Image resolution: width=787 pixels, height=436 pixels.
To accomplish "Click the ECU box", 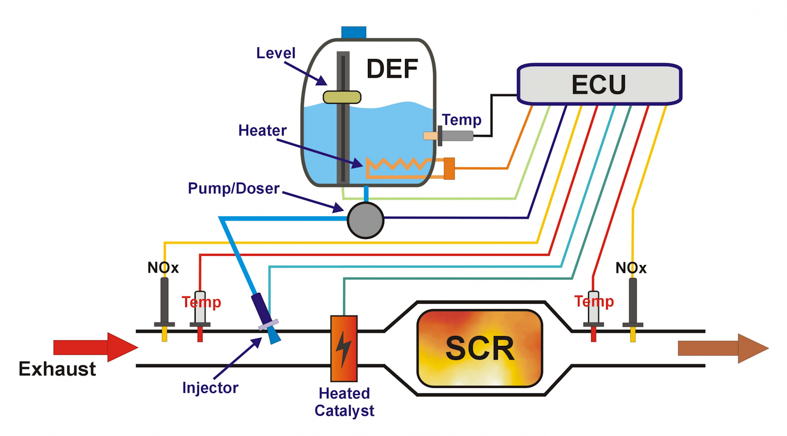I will (599, 84).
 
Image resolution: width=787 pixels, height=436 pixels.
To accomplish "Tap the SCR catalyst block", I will (479, 348).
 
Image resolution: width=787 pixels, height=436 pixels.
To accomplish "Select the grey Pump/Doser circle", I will (366, 220).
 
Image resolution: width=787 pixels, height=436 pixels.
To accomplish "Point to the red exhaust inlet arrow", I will (96, 347).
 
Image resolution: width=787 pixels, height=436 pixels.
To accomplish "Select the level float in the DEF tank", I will (342, 97).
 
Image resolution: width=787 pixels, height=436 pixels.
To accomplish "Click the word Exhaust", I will (57, 369).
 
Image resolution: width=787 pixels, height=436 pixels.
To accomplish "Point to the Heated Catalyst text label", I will (344, 402).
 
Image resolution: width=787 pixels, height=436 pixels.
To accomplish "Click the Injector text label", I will (210, 388).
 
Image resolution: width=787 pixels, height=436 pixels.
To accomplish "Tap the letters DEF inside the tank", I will (391, 69).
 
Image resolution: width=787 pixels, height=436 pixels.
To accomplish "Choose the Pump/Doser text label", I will (233, 188).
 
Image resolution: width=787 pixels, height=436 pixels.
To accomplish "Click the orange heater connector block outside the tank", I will (449, 168).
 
